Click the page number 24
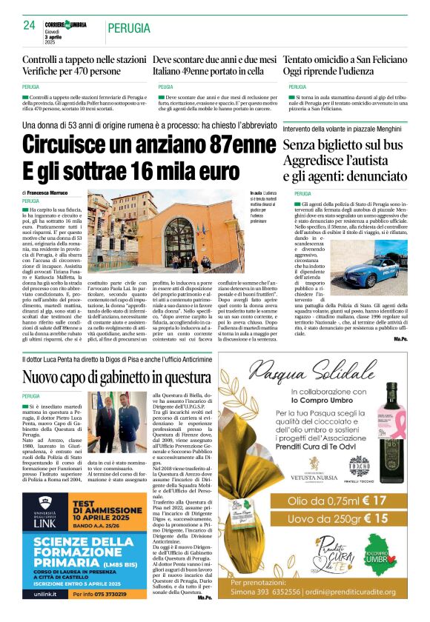(29, 25)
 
